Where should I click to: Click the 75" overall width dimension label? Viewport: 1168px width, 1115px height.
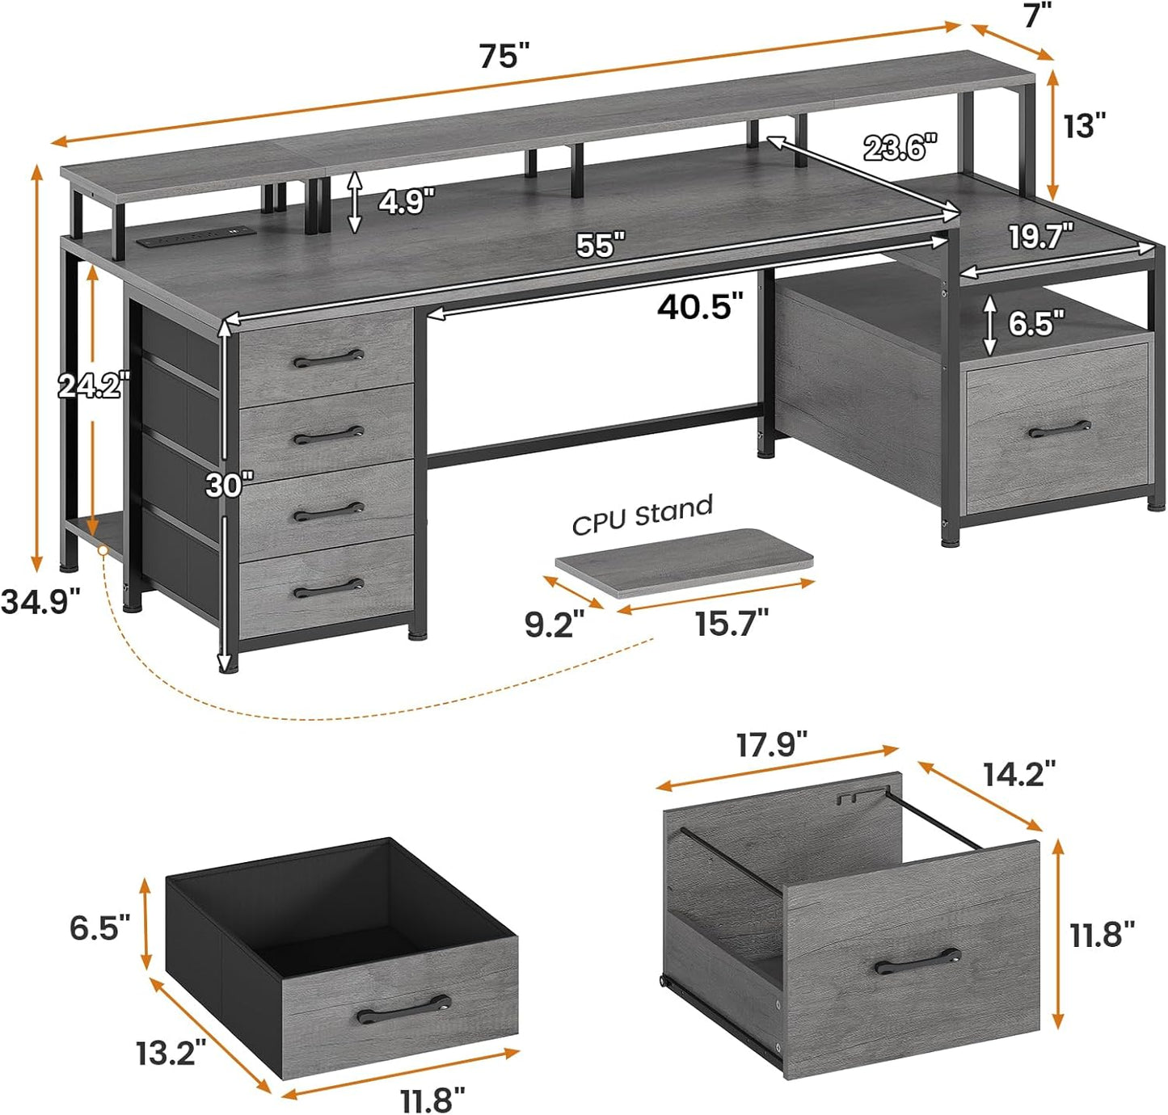click(x=504, y=57)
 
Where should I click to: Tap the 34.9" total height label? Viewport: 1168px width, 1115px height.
click(x=40, y=601)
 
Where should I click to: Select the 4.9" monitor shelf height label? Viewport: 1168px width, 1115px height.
click(x=407, y=200)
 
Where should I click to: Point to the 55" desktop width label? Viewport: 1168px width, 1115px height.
click(x=600, y=245)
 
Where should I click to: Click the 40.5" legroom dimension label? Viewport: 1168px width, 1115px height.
click(x=699, y=307)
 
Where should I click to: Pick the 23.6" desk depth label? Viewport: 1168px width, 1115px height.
click(x=900, y=148)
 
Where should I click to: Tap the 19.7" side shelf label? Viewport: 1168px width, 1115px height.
click(x=1040, y=237)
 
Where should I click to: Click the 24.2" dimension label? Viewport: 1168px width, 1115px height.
click(x=92, y=385)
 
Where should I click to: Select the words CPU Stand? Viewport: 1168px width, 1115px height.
click(x=643, y=515)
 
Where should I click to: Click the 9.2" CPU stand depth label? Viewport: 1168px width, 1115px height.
click(x=554, y=625)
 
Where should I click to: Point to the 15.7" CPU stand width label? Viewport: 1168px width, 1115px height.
click(x=732, y=623)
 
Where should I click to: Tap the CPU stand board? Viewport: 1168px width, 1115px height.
click(x=684, y=561)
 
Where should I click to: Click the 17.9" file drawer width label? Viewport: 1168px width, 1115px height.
click(x=771, y=745)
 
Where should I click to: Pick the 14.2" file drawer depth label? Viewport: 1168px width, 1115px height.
click(x=1018, y=773)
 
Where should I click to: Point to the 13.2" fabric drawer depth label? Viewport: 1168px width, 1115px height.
click(x=171, y=1052)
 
